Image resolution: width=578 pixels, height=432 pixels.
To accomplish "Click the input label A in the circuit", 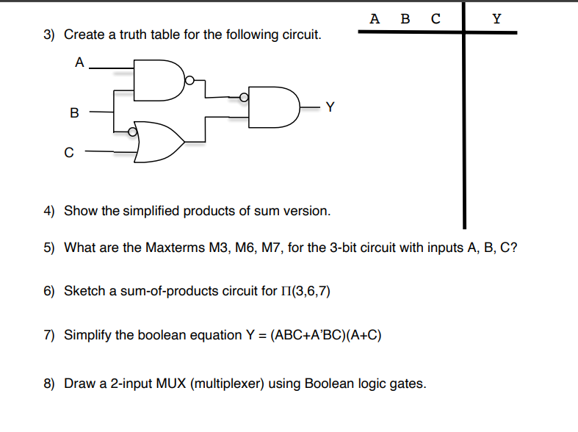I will pos(79,63).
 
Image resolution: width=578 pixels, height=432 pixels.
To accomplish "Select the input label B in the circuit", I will pos(73,113).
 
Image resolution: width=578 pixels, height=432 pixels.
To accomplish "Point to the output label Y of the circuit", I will pos(330,107).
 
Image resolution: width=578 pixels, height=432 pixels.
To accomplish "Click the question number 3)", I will pos(48,35).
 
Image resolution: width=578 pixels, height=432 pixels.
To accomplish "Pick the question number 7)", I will pos(48,335).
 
